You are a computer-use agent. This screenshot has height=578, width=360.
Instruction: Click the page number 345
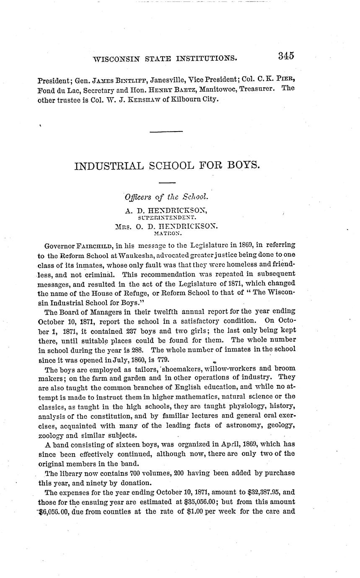[x=285, y=56]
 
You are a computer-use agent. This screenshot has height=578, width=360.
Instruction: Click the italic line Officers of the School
[x=166, y=196]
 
